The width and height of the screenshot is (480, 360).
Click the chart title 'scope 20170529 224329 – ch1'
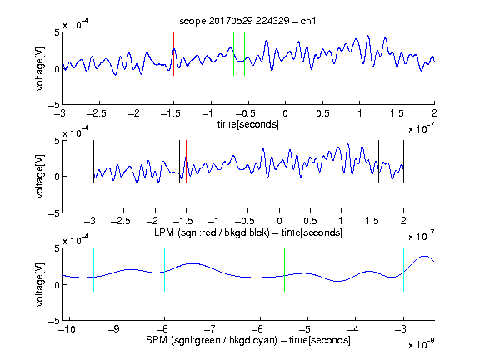coord(247,21)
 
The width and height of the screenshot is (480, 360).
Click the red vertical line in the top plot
coord(173,54)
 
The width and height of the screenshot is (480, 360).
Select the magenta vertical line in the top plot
coord(397,54)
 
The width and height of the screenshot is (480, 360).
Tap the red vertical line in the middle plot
coord(186,162)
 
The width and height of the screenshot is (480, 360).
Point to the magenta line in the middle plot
coord(372,162)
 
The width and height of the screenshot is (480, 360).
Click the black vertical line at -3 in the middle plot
coord(93,162)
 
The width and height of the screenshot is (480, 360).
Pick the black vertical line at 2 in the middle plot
coord(404,162)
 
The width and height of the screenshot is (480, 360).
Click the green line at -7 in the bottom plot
coord(212,270)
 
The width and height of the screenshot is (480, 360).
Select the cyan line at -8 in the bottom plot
coord(165,270)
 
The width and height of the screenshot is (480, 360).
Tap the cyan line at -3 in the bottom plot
coord(404,270)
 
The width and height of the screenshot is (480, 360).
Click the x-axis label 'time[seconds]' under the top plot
coord(248,124)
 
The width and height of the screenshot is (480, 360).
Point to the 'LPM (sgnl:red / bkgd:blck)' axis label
coord(212,232)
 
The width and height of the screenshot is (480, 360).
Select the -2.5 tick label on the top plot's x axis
coord(97,113)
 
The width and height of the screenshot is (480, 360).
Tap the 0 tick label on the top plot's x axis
coord(285,113)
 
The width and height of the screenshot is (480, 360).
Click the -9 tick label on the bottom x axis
coord(114,329)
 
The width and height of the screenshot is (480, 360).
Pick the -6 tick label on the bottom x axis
coord(257,329)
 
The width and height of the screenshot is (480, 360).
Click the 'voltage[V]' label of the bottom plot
coord(40,284)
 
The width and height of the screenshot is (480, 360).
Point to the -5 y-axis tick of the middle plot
coord(54,213)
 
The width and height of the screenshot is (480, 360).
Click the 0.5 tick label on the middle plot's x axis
coord(310,221)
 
